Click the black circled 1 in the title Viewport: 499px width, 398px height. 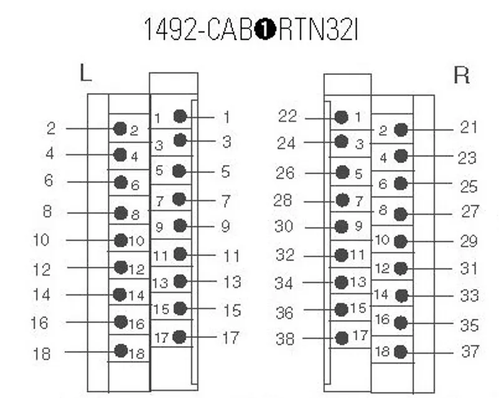pos(265,29)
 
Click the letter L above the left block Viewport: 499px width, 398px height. pos(85,72)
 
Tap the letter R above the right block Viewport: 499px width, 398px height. pos(462,75)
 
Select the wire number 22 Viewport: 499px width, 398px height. pos(288,116)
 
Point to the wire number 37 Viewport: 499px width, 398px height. pos(470,352)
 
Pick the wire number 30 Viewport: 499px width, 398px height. pos(284,226)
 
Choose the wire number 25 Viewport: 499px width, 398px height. pos(469,186)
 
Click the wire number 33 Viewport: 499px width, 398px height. pos(470,296)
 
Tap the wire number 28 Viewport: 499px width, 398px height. pos(283,201)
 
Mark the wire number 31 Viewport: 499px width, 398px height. pos(469,269)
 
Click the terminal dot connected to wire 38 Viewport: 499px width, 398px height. pos(342,338)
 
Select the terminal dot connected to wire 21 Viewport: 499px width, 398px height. pos(400,130)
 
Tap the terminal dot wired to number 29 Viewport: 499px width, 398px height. pos(400,241)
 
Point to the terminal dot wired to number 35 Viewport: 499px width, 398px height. pos(400,323)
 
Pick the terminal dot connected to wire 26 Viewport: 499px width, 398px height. pos(342,172)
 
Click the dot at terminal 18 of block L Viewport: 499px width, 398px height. pos(121,351)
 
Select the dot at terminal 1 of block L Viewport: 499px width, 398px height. pos(180,116)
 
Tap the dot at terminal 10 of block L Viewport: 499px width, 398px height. pos(121,241)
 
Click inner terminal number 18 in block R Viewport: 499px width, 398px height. pos(382,352)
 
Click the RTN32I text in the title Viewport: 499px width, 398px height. pos(318,29)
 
